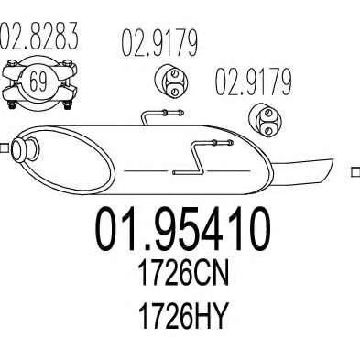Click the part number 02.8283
coord(38,36)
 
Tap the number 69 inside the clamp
coord(38,82)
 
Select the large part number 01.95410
coord(183,229)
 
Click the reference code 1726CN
coord(183,274)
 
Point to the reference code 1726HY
coord(183,316)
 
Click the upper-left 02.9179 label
coord(159,43)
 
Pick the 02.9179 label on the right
coord(254,82)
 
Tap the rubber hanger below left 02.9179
coord(170,81)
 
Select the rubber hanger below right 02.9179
coord(265,120)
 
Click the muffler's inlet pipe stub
coord(25,149)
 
